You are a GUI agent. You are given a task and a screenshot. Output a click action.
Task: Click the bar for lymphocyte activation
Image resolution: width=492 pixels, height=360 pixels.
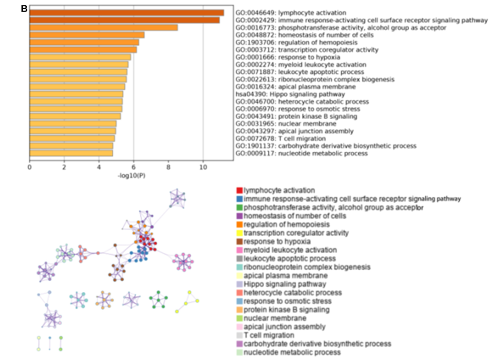(127, 13)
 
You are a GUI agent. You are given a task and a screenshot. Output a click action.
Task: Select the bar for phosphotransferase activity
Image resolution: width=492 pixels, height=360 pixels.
(104, 28)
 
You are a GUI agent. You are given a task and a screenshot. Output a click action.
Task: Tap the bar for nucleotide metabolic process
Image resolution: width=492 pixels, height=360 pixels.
(71, 154)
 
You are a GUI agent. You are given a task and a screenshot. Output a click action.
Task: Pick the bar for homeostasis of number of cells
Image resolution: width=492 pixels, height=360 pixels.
(87, 35)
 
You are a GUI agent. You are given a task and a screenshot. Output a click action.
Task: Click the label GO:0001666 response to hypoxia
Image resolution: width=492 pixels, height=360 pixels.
(288, 57)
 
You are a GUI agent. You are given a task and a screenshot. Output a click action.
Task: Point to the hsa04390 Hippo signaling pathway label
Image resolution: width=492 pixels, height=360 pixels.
(290, 94)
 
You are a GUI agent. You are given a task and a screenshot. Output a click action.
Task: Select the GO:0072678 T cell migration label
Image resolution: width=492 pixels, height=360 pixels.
(281, 138)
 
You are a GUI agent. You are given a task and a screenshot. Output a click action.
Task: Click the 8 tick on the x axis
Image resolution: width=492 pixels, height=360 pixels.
(168, 167)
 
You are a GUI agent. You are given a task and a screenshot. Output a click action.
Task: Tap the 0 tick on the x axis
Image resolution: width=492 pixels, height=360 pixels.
(29, 167)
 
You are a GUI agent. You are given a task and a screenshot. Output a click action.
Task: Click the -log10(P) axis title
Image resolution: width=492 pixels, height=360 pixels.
(131, 176)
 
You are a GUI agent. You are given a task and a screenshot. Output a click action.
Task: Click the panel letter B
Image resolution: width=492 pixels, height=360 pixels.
(24, 9)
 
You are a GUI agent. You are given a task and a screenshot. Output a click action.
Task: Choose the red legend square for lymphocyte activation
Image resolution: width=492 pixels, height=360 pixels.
(240, 190)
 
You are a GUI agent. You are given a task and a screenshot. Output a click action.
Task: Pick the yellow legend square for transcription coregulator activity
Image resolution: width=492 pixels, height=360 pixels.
(240, 233)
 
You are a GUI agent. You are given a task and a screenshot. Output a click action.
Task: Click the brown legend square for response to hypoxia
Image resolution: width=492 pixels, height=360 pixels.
(240, 242)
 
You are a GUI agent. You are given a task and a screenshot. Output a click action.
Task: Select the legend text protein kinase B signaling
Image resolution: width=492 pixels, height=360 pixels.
(286, 310)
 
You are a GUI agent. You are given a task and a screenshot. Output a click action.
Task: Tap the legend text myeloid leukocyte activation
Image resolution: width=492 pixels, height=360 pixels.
(290, 250)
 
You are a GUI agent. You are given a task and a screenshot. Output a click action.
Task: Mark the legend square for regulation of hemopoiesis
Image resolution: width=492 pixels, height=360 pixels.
(240, 225)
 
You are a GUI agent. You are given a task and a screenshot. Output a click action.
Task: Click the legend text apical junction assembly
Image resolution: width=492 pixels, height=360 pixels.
(285, 327)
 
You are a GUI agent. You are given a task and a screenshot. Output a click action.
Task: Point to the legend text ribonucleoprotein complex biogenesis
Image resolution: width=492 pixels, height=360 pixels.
(307, 267)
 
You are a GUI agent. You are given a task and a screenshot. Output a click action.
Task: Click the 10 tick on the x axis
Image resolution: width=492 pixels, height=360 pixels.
(203, 167)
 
